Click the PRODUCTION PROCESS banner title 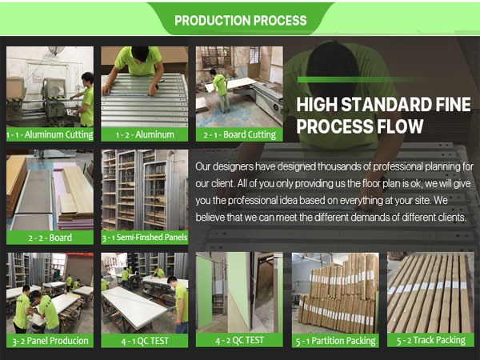point(241,21)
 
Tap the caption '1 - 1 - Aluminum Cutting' point(50,134)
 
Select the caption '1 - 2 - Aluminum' point(145,134)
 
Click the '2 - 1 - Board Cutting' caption point(239,134)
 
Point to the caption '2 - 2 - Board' point(50,238)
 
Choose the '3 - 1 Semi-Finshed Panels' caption point(145,238)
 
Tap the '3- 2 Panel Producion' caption point(50,341)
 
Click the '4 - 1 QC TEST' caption point(145,341)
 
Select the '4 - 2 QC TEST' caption point(239,341)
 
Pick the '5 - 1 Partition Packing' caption point(335,341)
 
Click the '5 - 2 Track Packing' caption point(431,341)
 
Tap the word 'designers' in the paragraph point(233,167)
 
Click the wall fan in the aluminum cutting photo point(56,50)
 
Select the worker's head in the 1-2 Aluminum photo point(140,54)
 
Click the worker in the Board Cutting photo point(222,90)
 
